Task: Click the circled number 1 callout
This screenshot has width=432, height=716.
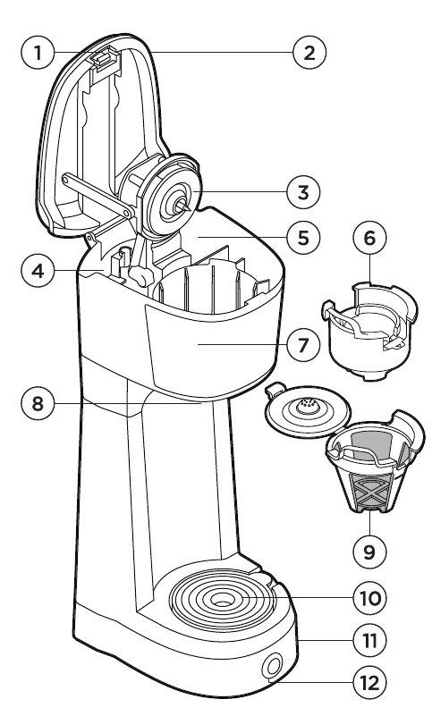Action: click(38, 53)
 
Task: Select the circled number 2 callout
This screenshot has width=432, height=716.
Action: click(309, 53)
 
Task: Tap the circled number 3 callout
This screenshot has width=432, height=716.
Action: click(303, 193)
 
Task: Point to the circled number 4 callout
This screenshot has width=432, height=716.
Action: click(38, 271)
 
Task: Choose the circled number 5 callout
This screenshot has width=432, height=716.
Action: click(303, 238)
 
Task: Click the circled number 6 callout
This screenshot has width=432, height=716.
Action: click(369, 238)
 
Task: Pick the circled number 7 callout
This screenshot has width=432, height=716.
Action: click(303, 345)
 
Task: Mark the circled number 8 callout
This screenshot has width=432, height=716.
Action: click(38, 404)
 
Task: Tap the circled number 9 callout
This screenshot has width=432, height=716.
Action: click(369, 552)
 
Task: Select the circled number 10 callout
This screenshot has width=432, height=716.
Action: click(369, 598)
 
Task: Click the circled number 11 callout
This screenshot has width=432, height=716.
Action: click(369, 640)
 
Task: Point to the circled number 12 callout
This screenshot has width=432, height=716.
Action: click(369, 683)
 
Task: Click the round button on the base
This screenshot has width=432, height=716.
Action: click(272, 668)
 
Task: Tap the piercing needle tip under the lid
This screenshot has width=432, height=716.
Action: click(188, 208)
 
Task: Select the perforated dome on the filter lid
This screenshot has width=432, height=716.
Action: click(307, 406)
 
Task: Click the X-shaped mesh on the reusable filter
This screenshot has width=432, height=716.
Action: click(371, 491)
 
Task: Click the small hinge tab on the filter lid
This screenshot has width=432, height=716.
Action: click(274, 390)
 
